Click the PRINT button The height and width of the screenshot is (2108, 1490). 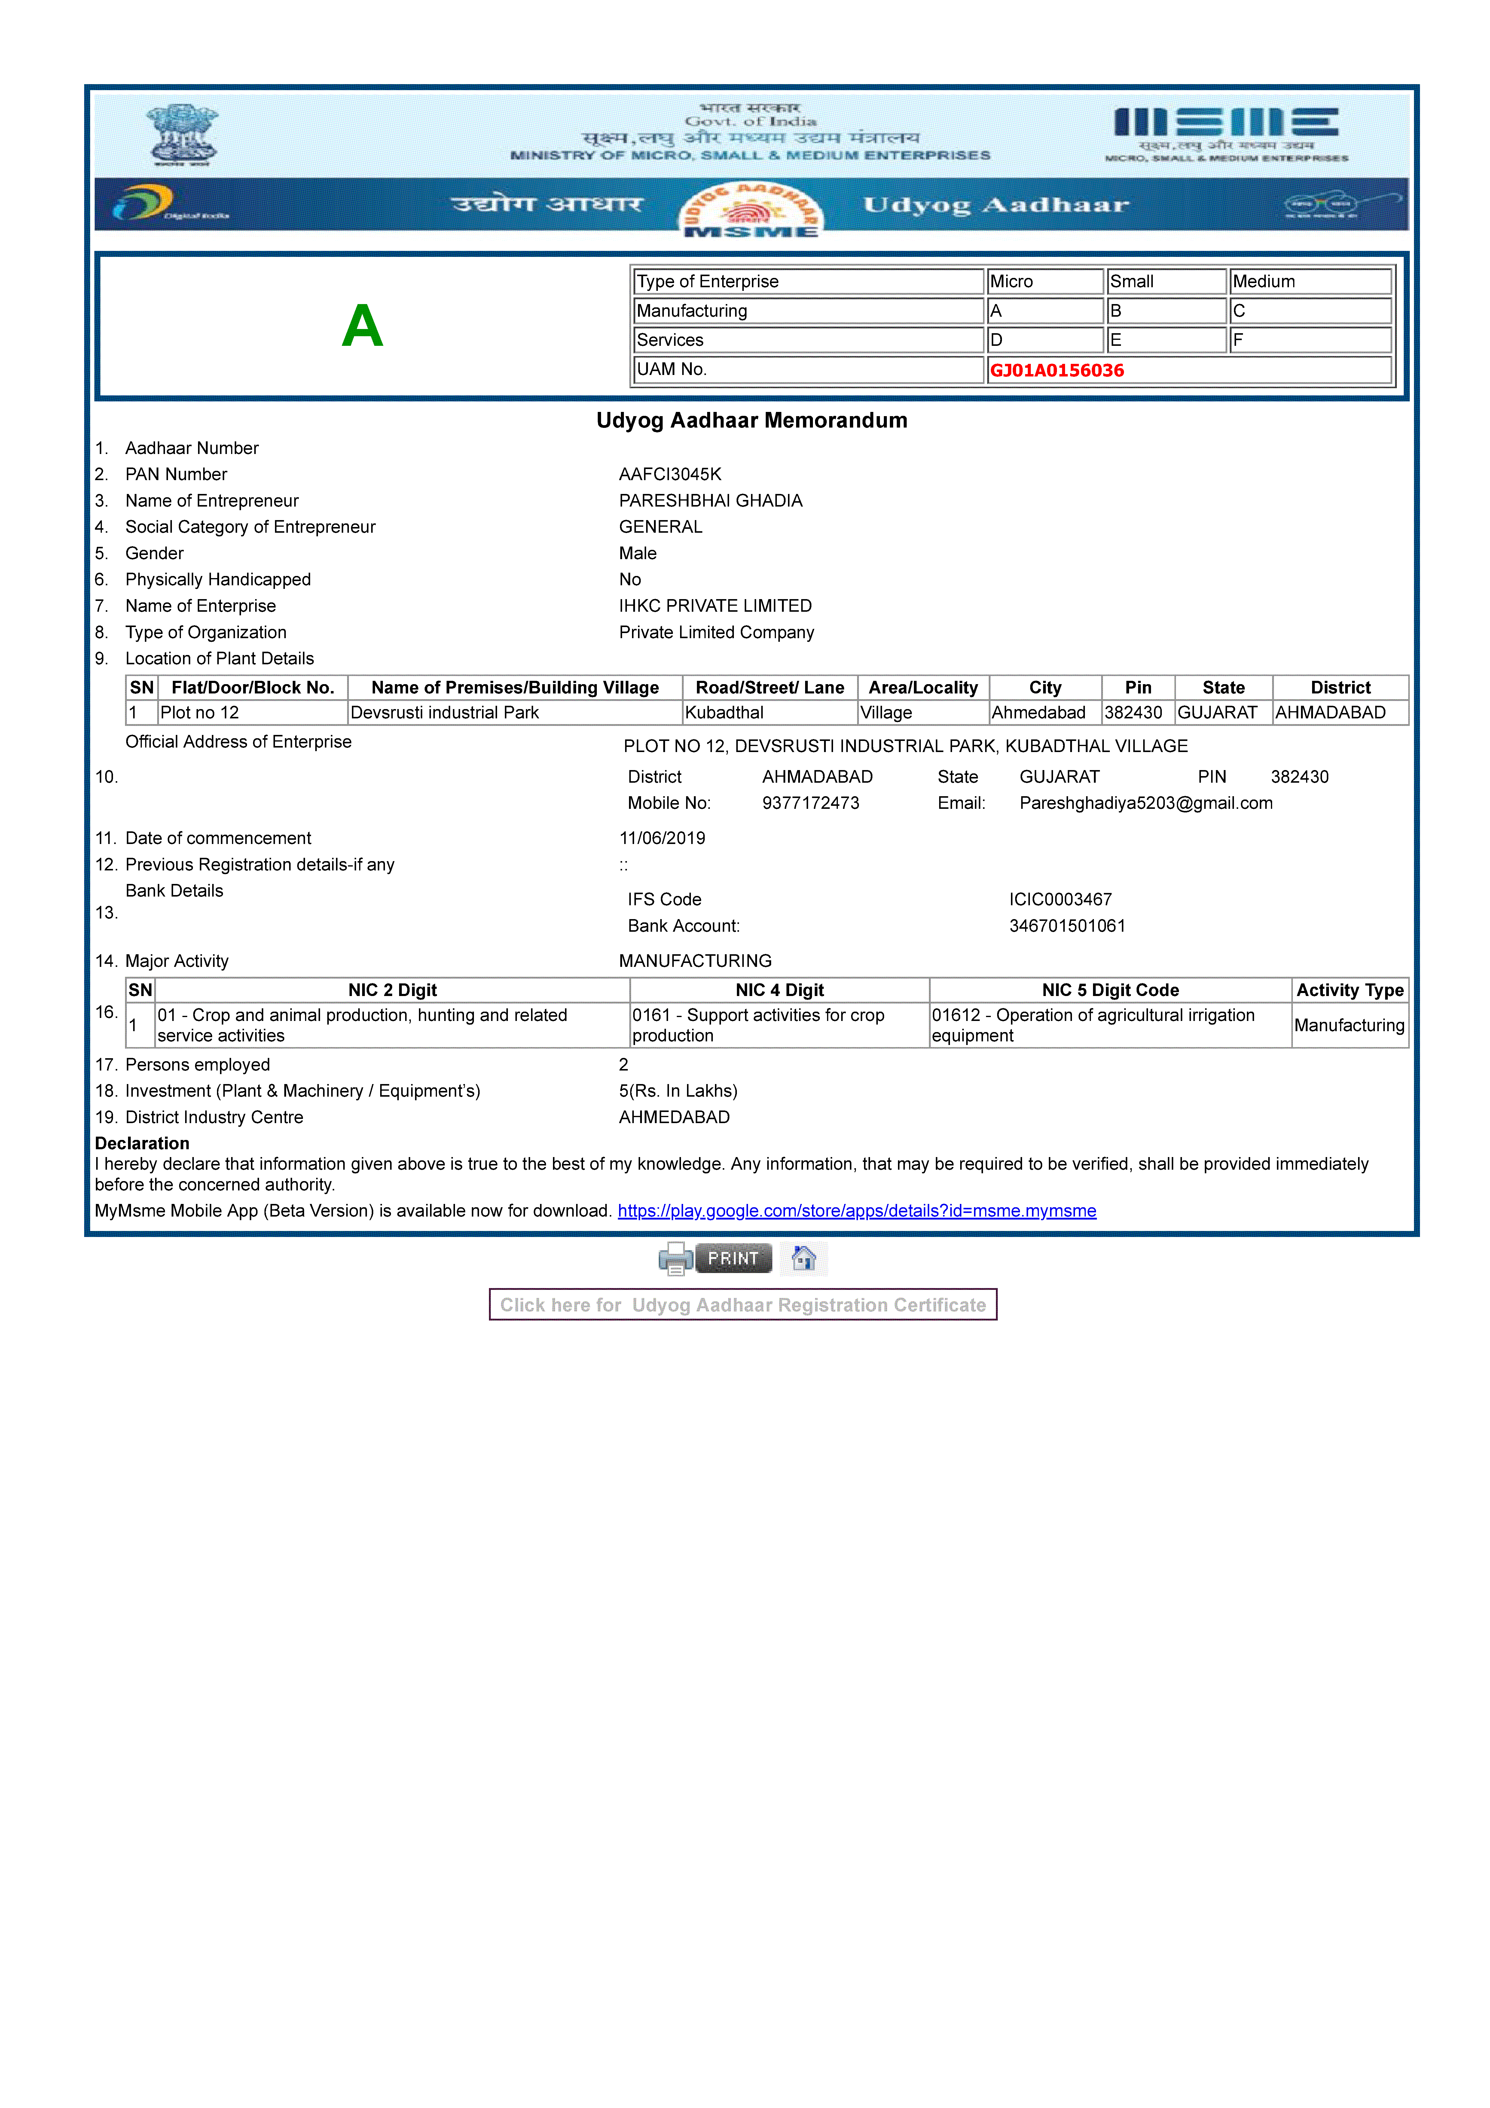(733, 1258)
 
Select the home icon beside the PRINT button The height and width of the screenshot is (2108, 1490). (803, 1258)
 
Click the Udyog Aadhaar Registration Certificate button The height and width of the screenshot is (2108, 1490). (743, 1305)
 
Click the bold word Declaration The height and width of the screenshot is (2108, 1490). (142, 1143)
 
